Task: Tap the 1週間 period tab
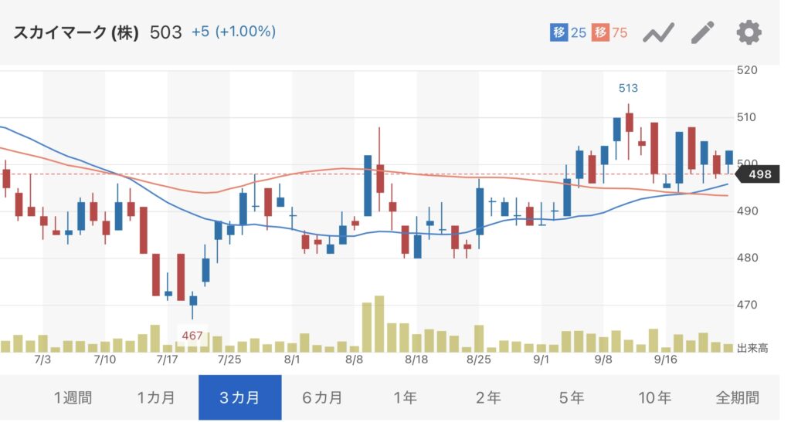(73, 398)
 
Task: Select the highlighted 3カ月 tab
(239, 398)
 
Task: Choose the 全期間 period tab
(737, 398)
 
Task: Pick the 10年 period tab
(655, 398)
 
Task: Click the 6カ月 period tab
(322, 398)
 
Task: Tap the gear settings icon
(749, 32)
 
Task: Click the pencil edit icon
(703, 32)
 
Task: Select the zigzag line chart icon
(659, 32)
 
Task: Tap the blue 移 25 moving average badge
(569, 32)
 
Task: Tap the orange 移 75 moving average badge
(609, 32)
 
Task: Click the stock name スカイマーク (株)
(76, 32)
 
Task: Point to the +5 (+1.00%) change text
(233, 32)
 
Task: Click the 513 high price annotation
(628, 89)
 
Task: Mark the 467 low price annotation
(192, 336)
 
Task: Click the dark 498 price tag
(760, 174)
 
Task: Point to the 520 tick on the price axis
(748, 70)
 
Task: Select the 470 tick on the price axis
(748, 306)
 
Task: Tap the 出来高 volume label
(752, 349)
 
